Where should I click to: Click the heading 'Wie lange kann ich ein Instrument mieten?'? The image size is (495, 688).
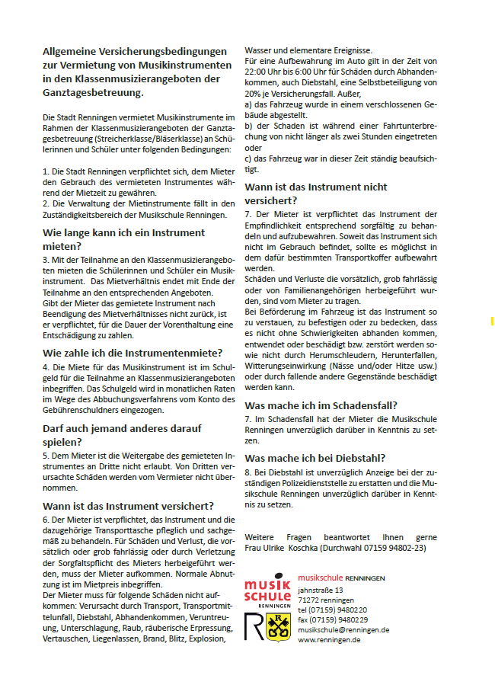[x=113, y=239]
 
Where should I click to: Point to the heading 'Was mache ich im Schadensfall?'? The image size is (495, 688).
[x=321, y=405]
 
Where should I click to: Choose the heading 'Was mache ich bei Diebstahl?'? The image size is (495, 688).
[x=315, y=458]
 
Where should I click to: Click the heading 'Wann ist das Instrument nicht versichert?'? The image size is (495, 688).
[x=315, y=194]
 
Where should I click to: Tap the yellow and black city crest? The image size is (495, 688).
[x=275, y=626]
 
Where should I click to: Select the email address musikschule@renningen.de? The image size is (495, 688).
[x=343, y=630]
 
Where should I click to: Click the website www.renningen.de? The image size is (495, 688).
[x=328, y=640]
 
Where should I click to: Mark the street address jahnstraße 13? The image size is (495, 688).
[x=321, y=590]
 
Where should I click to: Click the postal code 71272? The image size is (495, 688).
[x=309, y=600]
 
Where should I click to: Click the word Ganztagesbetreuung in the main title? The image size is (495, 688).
[x=94, y=92]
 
